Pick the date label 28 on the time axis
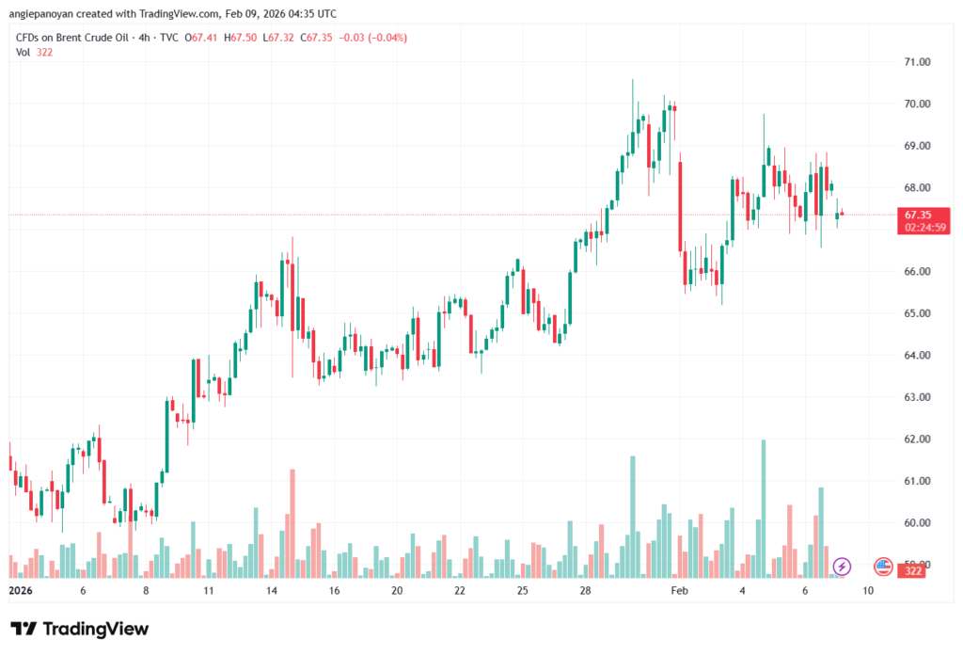[x=585, y=591]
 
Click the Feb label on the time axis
[x=680, y=591]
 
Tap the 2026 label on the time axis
[x=21, y=591]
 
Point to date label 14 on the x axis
[x=271, y=591]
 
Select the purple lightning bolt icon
[x=842, y=567]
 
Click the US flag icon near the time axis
[x=883, y=567]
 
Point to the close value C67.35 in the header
[x=320, y=38]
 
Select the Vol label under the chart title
[x=24, y=52]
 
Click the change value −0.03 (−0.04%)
[x=373, y=38]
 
